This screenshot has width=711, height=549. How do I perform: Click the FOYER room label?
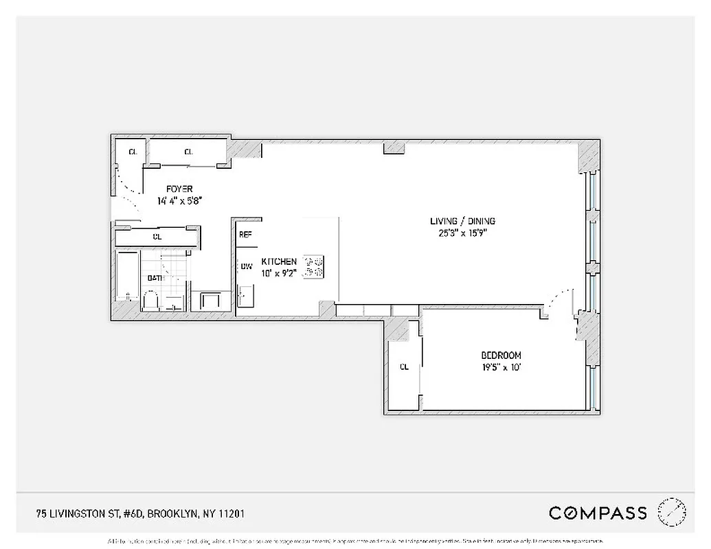[179, 189]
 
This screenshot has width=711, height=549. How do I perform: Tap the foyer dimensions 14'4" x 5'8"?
[179, 201]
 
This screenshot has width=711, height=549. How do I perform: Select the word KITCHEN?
[279, 262]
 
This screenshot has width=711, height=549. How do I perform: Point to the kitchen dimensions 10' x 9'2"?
[279, 273]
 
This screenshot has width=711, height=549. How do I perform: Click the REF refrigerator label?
[245, 235]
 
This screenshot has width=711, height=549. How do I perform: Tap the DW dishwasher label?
[245, 266]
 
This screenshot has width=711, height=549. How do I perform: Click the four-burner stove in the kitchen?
[314, 267]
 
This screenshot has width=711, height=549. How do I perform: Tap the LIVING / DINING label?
[462, 221]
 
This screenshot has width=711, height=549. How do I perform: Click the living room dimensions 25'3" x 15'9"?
[462, 233]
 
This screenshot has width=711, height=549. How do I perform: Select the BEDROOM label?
[501, 355]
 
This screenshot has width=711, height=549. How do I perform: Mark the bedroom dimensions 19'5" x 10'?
[501, 367]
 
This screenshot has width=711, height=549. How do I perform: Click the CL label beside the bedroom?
[404, 367]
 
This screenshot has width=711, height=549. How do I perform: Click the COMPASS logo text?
[598, 513]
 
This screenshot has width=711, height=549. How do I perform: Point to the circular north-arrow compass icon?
[671, 512]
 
